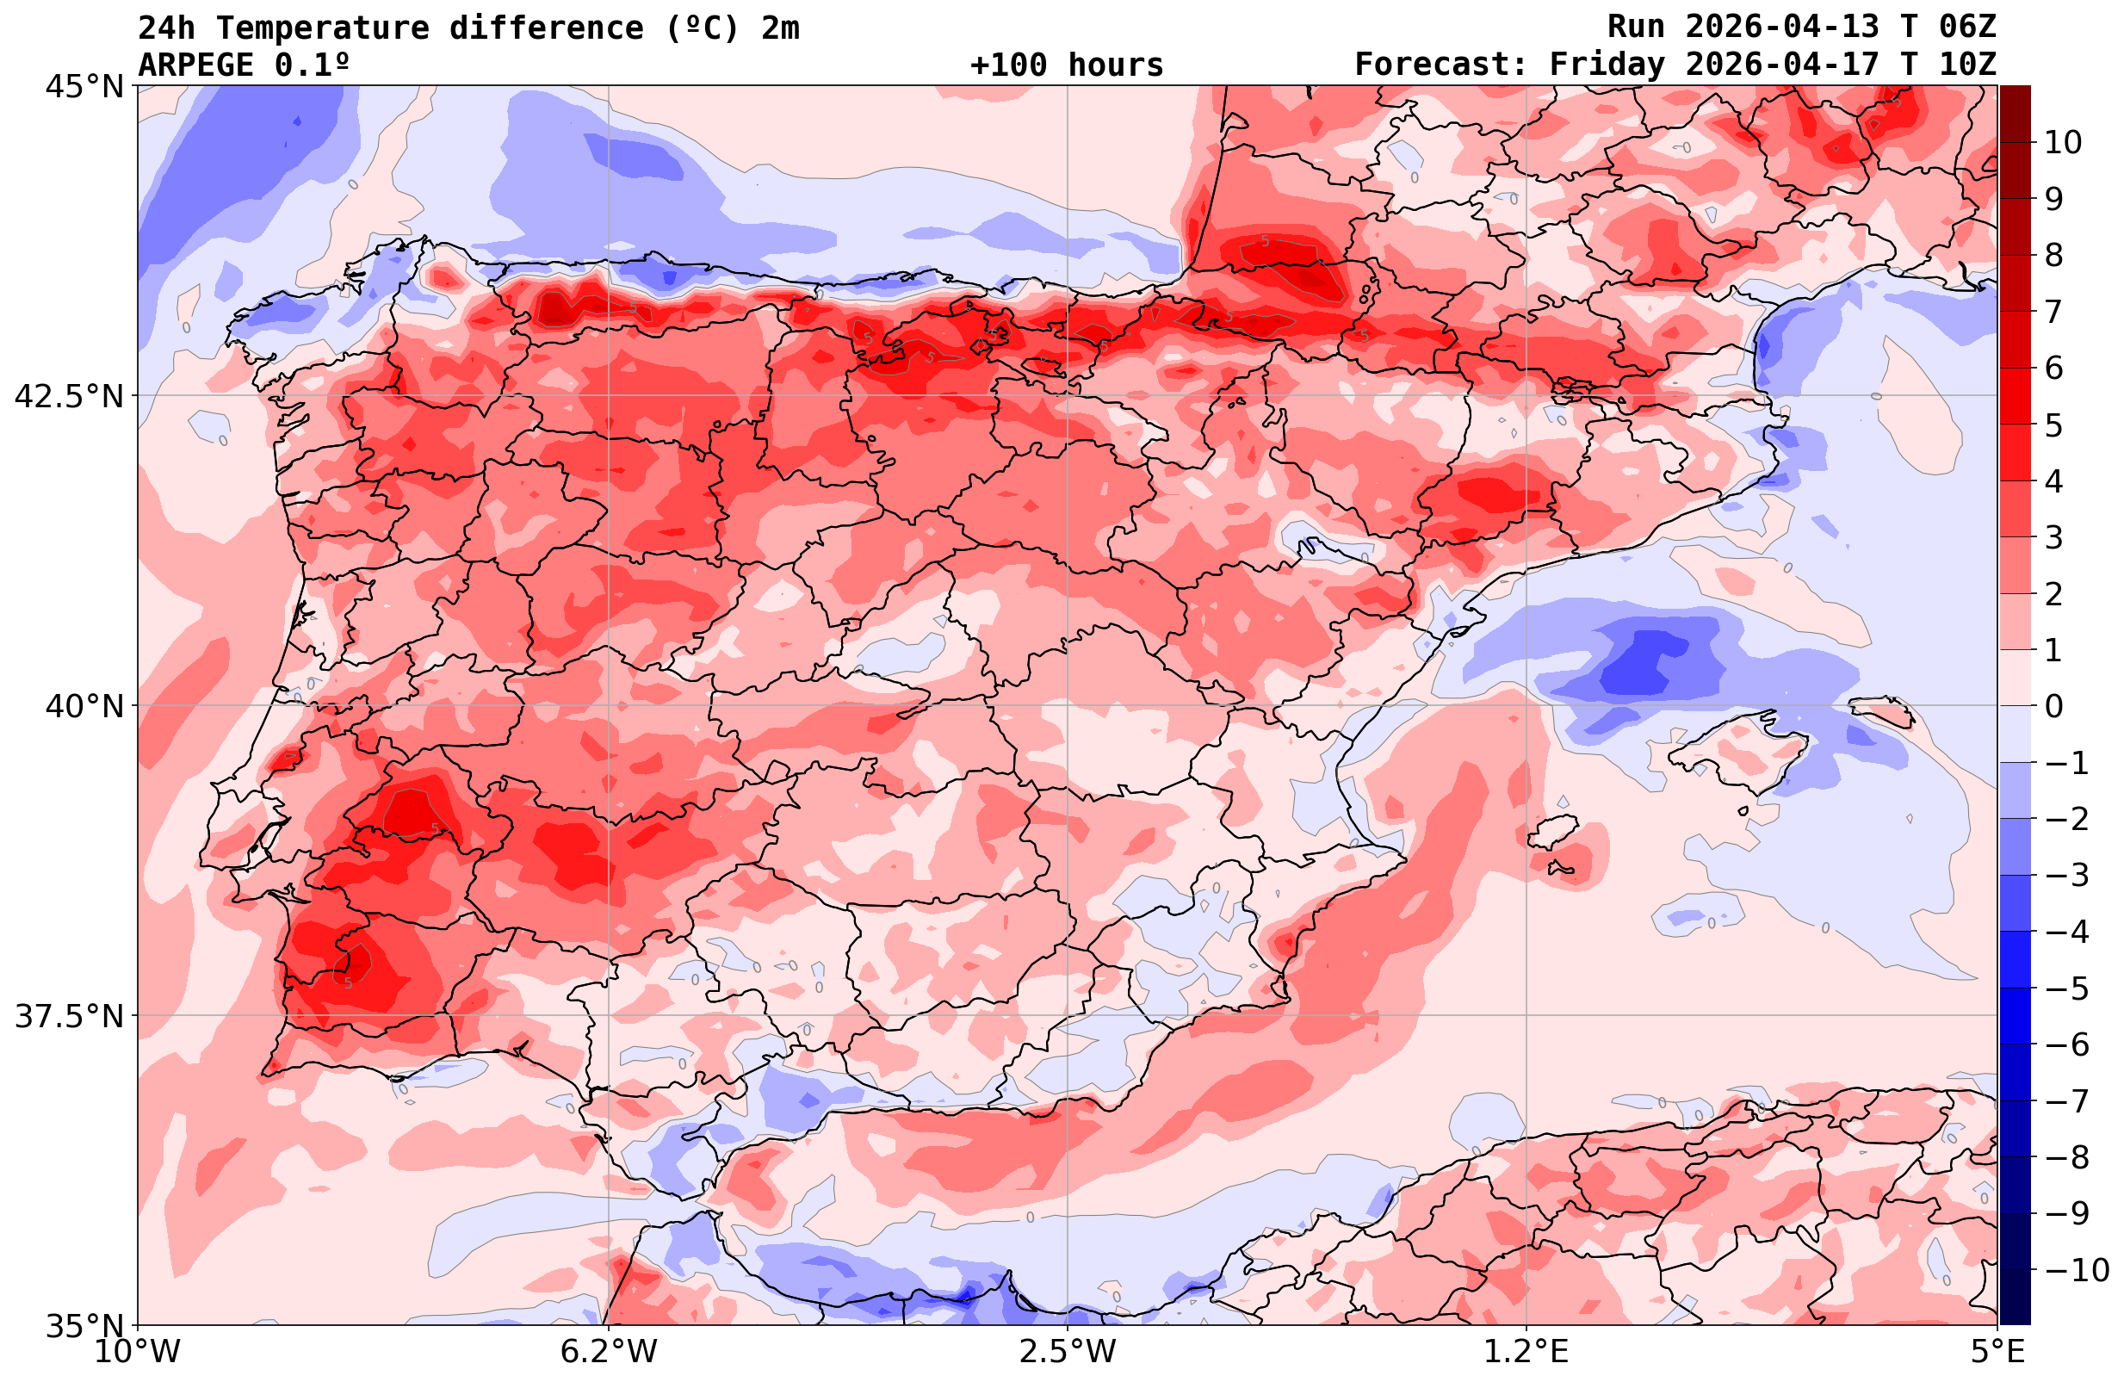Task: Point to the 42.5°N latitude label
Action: (x=69, y=395)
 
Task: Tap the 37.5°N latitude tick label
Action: (x=69, y=1016)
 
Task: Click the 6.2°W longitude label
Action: (x=608, y=1352)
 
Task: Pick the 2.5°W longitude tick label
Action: (x=1068, y=1352)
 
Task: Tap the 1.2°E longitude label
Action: (x=1526, y=1352)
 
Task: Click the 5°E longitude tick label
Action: (x=1997, y=1352)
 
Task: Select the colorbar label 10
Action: (x=2064, y=142)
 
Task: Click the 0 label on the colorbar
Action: (x=2053, y=706)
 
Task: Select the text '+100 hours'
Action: (x=1067, y=65)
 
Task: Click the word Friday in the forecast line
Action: (x=1607, y=65)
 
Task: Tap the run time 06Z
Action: (x=1967, y=28)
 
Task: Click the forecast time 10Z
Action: (x=1967, y=65)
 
